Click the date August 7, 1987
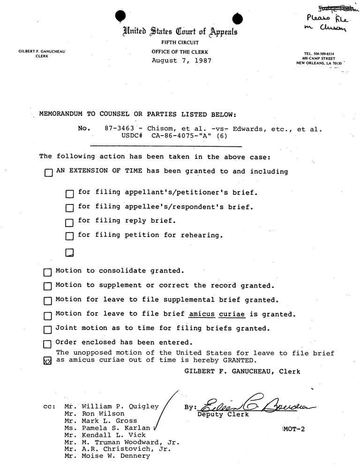pos(181,61)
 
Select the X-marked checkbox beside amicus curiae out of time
pos(47,361)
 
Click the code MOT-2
pos(294,429)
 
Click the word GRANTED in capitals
pos(239,360)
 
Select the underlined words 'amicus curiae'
pos(216,314)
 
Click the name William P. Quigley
pos(120,407)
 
